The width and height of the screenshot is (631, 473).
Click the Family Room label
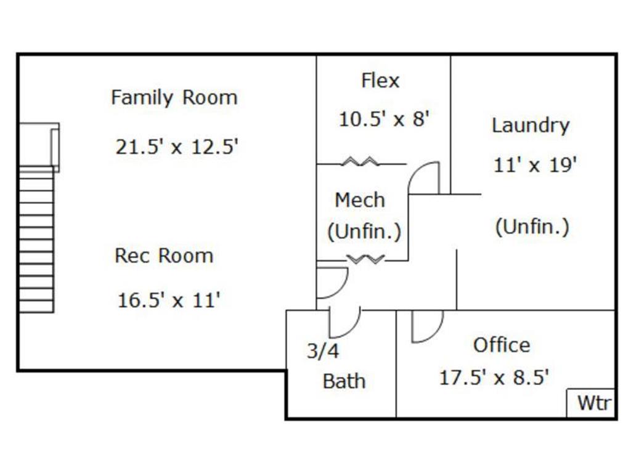tap(174, 98)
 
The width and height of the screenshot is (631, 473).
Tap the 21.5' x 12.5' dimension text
tap(177, 147)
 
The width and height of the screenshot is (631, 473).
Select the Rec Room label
tap(164, 256)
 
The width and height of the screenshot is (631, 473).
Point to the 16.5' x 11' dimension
tap(169, 300)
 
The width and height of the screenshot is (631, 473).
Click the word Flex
tap(380, 81)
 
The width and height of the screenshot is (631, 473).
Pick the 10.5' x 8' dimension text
tap(385, 119)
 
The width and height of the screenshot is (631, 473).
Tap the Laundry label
tap(531, 126)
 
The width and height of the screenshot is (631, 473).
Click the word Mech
tap(360, 200)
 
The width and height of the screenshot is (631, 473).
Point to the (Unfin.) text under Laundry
tap(532, 227)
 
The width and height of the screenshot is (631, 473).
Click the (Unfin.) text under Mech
tap(364, 232)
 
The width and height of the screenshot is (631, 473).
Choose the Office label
tap(502, 345)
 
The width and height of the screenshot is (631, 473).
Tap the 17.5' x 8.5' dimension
tap(494, 378)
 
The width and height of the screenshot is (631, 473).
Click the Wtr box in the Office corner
tap(591, 403)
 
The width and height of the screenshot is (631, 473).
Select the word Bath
tap(344, 381)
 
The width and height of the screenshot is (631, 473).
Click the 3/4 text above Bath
tap(323, 350)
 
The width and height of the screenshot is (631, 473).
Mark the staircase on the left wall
tap(36, 240)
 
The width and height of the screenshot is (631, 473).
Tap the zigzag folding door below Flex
tap(360, 162)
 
